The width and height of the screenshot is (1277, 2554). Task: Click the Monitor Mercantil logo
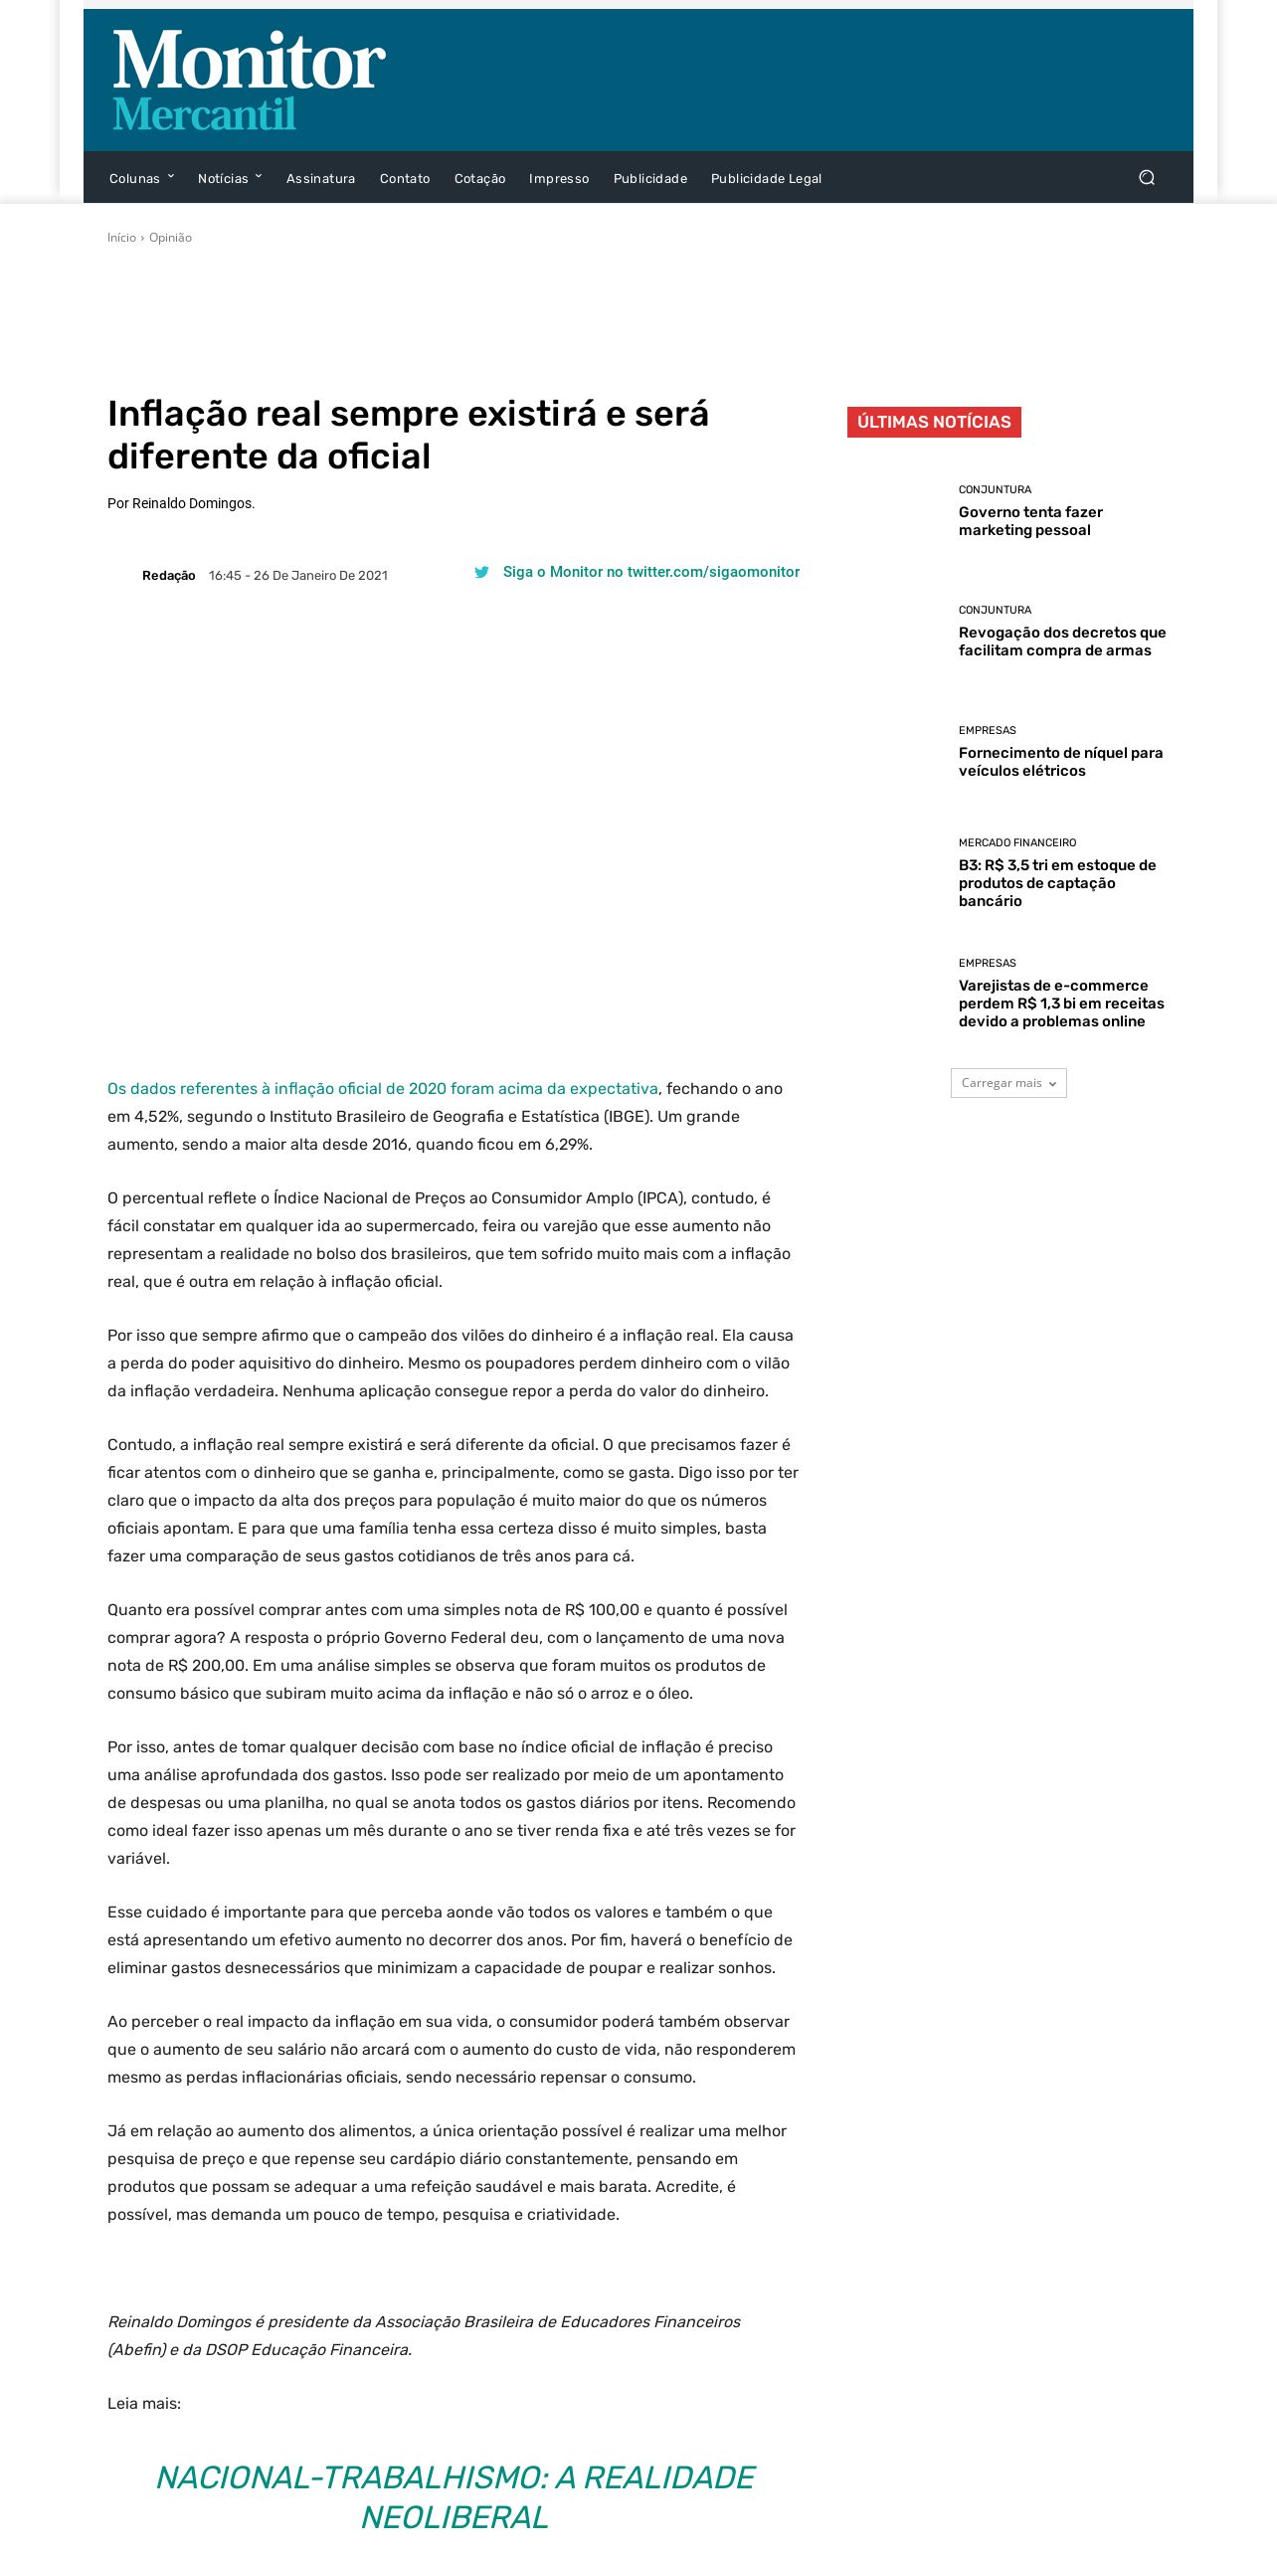tap(249, 81)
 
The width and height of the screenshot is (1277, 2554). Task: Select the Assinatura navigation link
tap(320, 179)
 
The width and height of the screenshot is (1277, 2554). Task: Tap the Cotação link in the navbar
tap(479, 179)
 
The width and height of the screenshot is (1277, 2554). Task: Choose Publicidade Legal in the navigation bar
tap(766, 179)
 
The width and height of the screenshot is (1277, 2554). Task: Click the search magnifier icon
tap(1147, 178)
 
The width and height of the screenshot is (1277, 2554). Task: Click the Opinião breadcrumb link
tap(170, 238)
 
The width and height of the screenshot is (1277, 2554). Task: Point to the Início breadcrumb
tap(121, 238)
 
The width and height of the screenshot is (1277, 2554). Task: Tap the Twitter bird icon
tap(481, 573)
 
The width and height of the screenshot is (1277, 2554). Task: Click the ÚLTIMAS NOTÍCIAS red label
tap(934, 422)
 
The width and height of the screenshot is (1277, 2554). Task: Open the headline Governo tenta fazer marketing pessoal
tap(1030, 521)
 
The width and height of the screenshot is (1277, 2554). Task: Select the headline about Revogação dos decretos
tap(1061, 641)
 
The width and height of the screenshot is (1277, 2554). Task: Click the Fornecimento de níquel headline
tap(1060, 762)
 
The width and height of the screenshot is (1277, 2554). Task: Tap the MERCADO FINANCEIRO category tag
tap(1016, 842)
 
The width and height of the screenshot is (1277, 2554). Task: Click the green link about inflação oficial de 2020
tap(383, 1089)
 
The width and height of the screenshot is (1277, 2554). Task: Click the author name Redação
tap(168, 576)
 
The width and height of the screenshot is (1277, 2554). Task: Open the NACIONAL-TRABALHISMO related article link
tap(455, 2496)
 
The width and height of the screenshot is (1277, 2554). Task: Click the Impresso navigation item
tap(559, 179)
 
